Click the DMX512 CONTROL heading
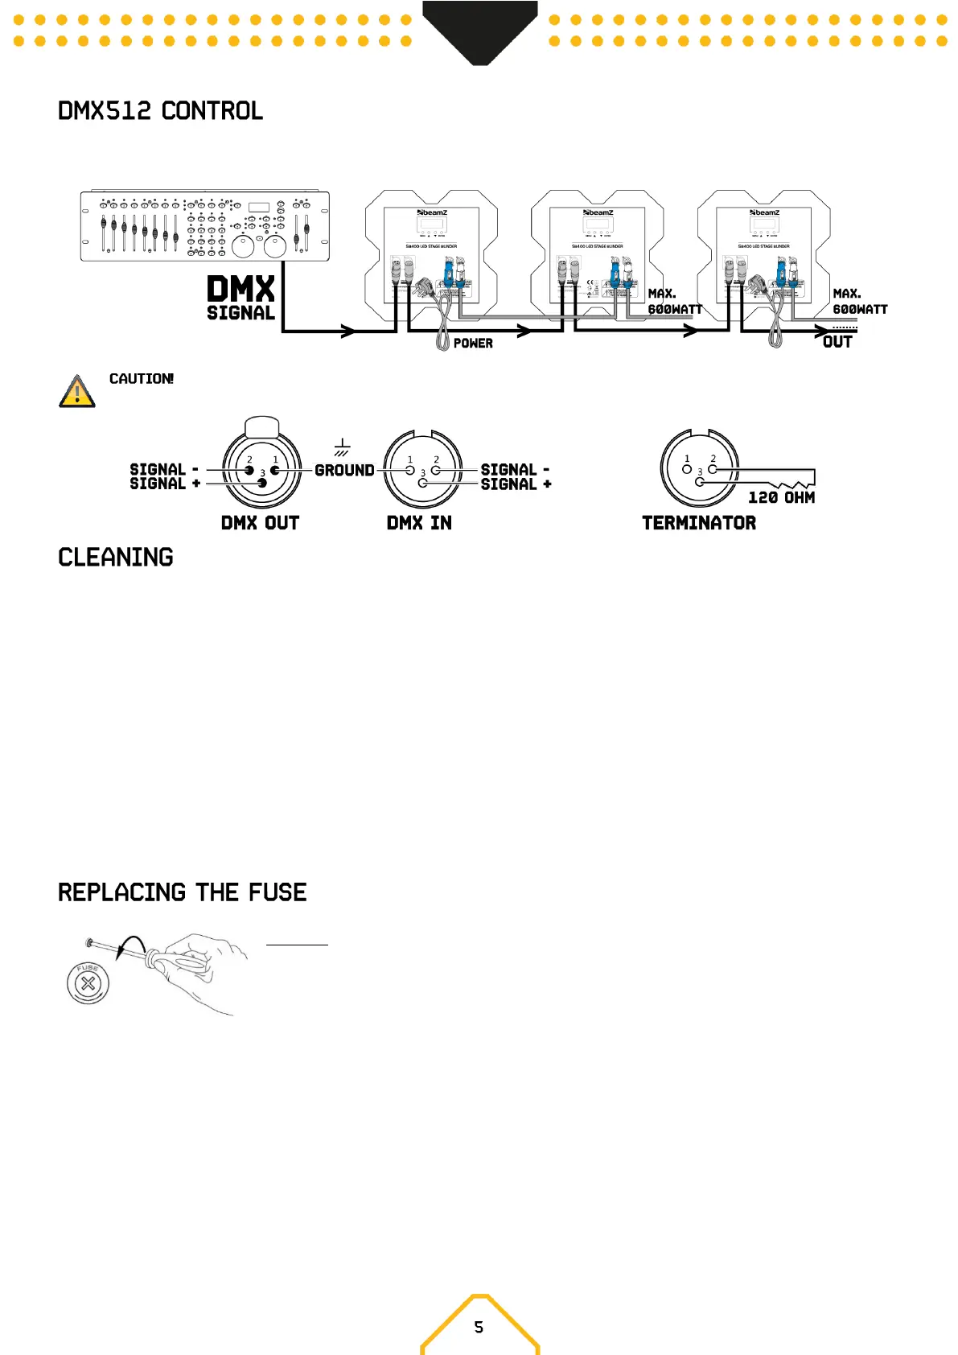click(x=160, y=111)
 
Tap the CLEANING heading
click(x=116, y=558)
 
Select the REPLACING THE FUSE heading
click(x=183, y=892)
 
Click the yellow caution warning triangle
click(x=77, y=392)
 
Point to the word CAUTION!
click(x=141, y=379)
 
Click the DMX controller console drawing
click(x=204, y=226)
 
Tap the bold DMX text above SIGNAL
click(x=241, y=289)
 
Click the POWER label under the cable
click(x=473, y=344)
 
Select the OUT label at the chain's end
click(x=837, y=342)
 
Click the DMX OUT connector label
click(x=260, y=523)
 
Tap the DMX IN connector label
click(x=419, y=523)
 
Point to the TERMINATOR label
click(x=699, y=523)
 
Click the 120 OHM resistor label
click(x=781, y=498)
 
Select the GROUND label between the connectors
click(x=344, y=471)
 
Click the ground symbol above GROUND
click(x=343, y=447)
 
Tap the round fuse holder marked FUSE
click(x=88, y=982)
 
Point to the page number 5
click(x=479, y=1327)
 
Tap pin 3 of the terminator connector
click(x=700, y=482)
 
